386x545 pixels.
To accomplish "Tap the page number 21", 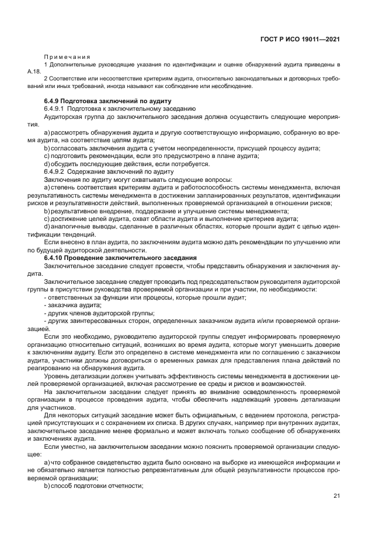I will click(x=336, y=496).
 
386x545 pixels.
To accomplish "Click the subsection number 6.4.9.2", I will click(x=54, y=172).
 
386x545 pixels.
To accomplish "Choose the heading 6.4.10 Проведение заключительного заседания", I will click(x=120, y=258).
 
